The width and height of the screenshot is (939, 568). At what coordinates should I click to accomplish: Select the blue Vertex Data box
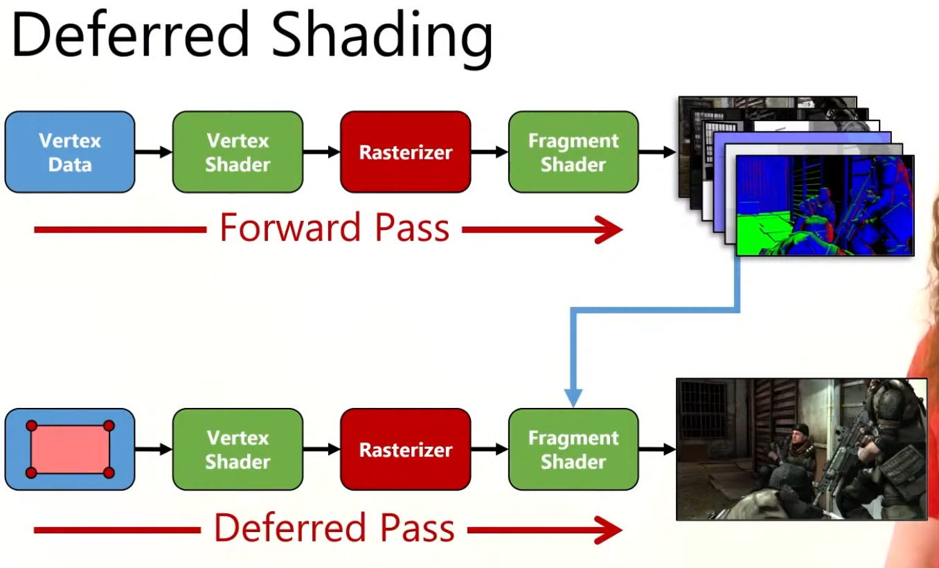coord(70,152)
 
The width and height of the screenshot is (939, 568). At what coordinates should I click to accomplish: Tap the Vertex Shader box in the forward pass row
coord(238,152)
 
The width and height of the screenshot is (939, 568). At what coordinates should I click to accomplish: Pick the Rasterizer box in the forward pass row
coord(406,152)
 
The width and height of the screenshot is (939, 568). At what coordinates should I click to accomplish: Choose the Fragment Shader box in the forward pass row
coord(573,152)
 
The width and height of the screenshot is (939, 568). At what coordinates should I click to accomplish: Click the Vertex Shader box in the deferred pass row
coord(238,450)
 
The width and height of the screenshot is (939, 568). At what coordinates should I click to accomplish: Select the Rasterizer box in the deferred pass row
coord(406,450)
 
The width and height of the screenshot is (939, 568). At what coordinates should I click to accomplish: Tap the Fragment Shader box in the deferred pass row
coord(573,450)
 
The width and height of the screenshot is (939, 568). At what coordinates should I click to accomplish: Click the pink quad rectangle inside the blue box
coord(70,450)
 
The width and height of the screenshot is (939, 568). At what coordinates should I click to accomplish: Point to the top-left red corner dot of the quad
coord(31,426)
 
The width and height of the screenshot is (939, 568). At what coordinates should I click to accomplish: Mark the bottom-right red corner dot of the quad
coord(109,472)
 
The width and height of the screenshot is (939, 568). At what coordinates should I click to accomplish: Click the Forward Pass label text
coord(334,228)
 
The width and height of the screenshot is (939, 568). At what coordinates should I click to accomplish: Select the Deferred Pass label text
coord(334,529)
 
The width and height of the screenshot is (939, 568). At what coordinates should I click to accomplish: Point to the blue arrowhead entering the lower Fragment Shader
coord(573,398)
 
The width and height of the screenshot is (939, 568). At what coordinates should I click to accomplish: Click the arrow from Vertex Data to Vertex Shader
coord(154,152)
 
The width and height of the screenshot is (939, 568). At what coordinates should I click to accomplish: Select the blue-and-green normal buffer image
coord(824,205)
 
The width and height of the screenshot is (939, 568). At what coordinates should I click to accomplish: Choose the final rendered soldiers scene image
coord(801,449)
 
